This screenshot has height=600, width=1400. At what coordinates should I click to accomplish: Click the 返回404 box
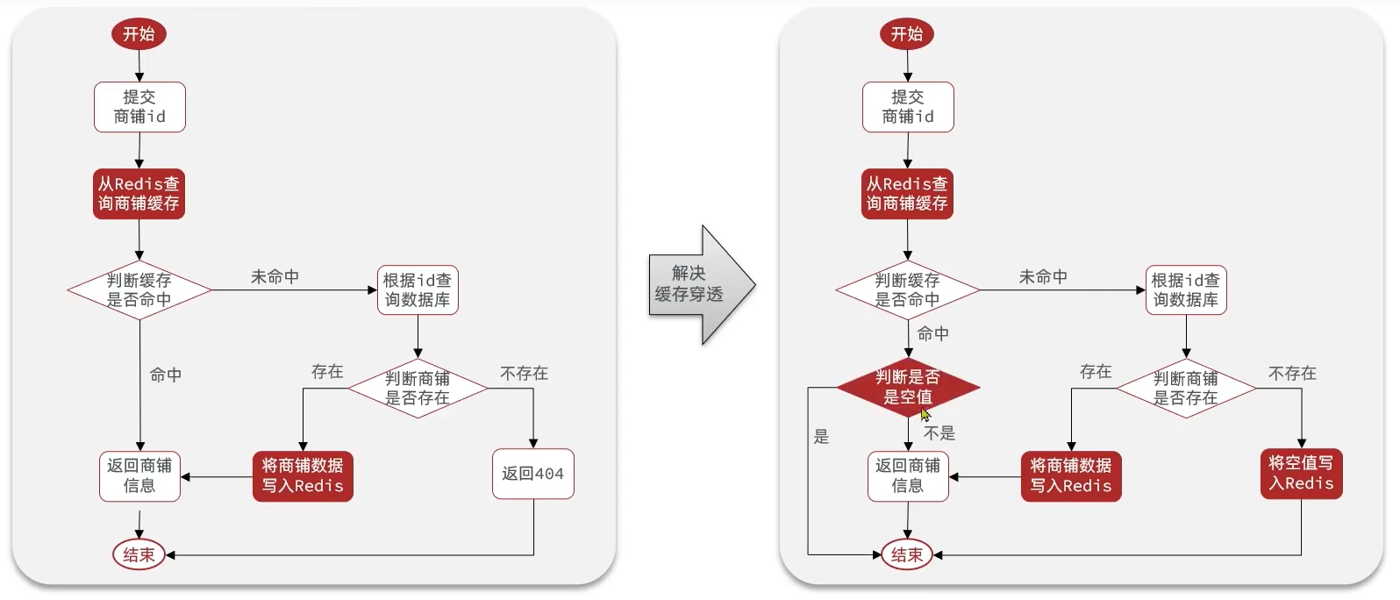[x=533, y=474]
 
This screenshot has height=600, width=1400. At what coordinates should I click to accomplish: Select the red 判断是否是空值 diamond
[x=908, y=388]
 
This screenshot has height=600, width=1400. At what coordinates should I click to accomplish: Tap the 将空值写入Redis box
[x=1301, y=474]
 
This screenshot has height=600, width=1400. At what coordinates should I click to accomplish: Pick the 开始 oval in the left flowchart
[x=139, y=33]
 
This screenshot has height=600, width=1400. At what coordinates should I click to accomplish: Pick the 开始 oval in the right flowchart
[x=907, y=33]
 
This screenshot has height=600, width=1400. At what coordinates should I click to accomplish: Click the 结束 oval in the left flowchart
[x=139, y=554]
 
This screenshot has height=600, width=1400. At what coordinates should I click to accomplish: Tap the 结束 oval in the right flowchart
[x=907, y=554]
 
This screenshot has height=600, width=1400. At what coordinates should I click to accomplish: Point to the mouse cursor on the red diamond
[x=925, y=415]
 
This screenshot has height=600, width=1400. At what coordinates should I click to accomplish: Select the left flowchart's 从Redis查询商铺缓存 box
[x=139, y=194]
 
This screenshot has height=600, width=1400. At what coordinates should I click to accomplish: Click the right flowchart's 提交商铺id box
[x=908, y=107]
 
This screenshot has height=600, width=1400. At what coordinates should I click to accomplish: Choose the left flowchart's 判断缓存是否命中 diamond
[x=139, y=290]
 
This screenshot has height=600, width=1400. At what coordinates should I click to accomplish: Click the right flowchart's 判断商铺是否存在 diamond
[x=1186, y=388]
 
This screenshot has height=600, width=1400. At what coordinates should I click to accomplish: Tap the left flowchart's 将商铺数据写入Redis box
[x=304, y=476]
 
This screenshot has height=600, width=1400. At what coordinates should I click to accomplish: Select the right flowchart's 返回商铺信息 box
[x=908, y=476]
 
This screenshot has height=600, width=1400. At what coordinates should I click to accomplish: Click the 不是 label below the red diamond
[x=939, y=433]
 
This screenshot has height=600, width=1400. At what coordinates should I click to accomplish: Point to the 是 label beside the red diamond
[x=821, y=436]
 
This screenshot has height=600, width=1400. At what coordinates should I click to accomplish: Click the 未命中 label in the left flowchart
[x=275, y=277]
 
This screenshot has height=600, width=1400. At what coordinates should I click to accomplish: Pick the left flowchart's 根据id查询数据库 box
[x=418, y=290]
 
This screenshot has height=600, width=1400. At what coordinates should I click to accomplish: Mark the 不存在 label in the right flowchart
[x=1292, y=373]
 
